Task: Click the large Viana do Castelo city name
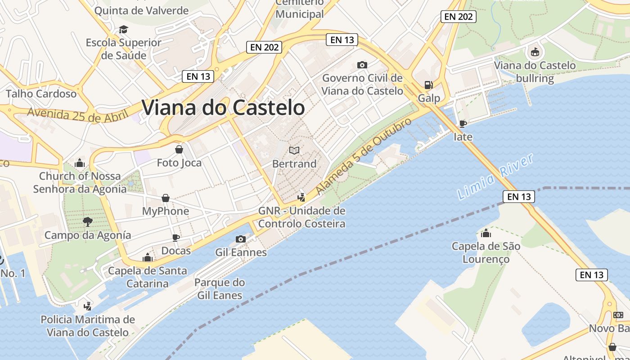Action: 223,108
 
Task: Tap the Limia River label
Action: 495,176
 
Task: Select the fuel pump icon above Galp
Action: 428,85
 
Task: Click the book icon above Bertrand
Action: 294,150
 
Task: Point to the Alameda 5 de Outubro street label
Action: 364,156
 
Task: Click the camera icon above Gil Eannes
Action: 241,239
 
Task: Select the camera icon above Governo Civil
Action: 362,65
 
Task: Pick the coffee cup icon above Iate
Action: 463,123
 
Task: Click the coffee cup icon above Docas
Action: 176,238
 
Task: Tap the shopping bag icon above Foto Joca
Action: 179,149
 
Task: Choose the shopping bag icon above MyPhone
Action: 166,198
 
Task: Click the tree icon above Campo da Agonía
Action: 87,221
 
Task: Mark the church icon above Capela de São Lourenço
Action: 486,233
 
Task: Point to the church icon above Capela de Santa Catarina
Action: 147,258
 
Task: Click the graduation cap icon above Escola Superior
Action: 123,30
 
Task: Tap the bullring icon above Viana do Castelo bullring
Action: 535,52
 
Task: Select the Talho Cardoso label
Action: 41,94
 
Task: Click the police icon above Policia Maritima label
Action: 88,306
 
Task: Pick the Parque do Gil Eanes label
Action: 220,289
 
